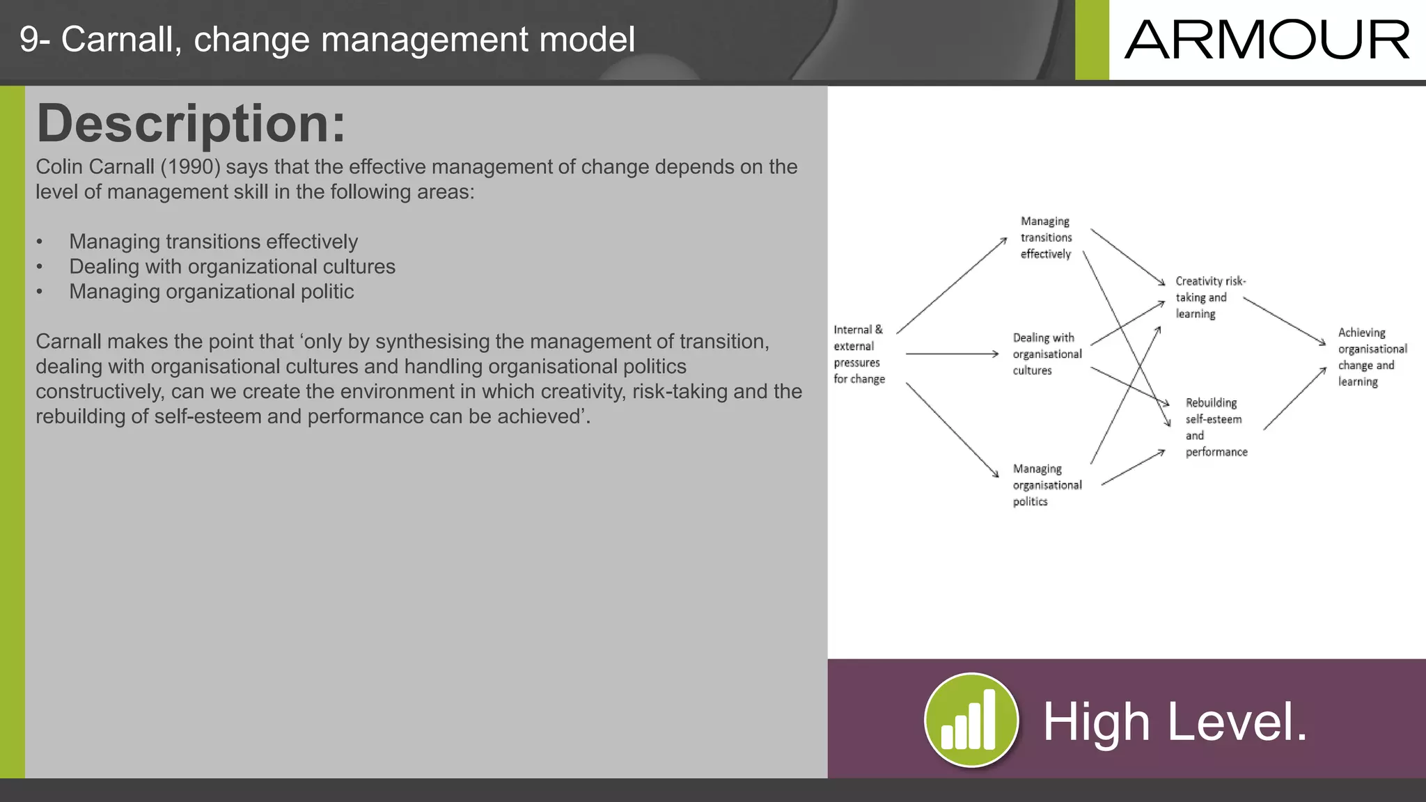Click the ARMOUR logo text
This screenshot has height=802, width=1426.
(x=1267, y=40)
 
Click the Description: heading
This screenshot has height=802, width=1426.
(x=191, y=123)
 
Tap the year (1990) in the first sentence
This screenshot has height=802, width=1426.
(x=190, y=167)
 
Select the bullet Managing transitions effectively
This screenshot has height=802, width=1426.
(x=213, y=242)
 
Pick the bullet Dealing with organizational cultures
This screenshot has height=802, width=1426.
(x=232, y=267)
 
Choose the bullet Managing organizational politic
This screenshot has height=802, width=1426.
(x=211, y=292)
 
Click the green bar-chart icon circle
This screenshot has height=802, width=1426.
(x=971, y=720)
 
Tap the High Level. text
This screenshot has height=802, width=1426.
(x=1175, y=722)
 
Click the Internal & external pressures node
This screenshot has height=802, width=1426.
(x=859, y=354)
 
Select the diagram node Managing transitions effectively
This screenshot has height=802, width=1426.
(x=1046, y=237)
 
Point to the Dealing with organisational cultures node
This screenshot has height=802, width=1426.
(x=1047, y=354)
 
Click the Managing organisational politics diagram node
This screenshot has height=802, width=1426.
(x=1047, y=485)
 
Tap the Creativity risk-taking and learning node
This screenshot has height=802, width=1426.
(x=1209, y=297)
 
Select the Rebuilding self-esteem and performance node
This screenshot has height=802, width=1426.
(x=1216, y=427)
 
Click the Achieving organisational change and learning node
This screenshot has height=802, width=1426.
(x=1371, y=357)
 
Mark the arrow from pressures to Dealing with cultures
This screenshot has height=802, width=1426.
(x=951, y=354)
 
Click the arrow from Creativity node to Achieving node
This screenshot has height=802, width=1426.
(x=1284, y=321)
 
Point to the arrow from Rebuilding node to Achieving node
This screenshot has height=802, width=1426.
(x=1294, y=398)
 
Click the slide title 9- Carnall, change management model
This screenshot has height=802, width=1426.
(x=327, y=40)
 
